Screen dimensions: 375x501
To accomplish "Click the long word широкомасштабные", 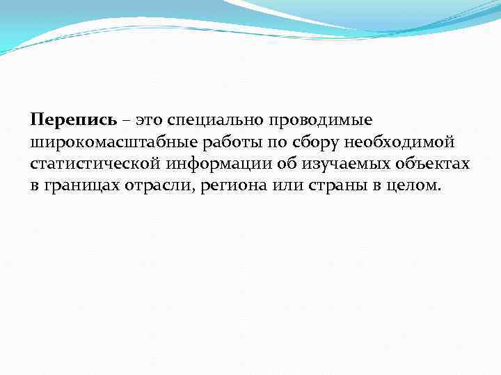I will (x=111, y=142).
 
